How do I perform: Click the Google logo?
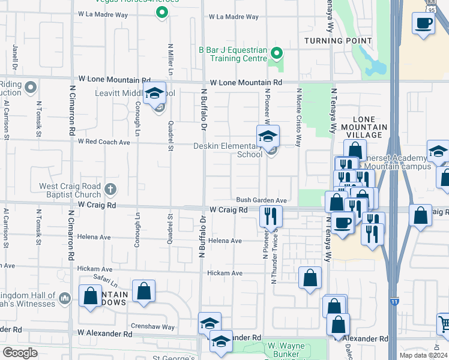point(20,353)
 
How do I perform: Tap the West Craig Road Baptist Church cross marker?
point(110,190)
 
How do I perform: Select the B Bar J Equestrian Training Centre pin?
point(276,53)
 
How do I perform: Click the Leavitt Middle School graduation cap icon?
point(154,93)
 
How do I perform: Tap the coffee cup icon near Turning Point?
point(423,23)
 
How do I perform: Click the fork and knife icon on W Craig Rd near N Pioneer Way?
point(270,215)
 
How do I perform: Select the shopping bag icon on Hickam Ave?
point(310,278)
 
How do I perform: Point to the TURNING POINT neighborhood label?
point(338,40)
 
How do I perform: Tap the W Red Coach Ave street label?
point(104,142)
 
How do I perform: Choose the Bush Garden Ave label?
point(262,200)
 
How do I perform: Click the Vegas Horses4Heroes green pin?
point(161,12)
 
